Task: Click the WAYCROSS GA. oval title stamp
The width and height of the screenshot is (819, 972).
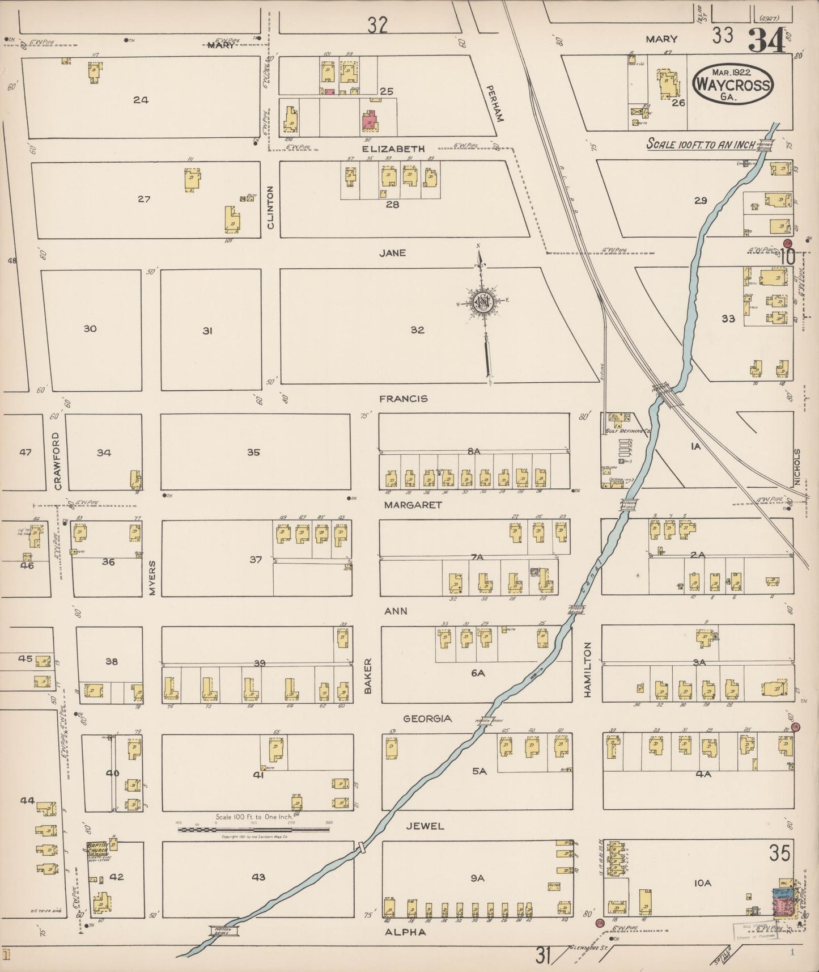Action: pyautogui.click(x=732, y=86)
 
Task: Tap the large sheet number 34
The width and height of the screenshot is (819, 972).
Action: pyautogui.click(x=766, y=39)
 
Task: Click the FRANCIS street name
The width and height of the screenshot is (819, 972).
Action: pyautogui.click(x=403, y=399)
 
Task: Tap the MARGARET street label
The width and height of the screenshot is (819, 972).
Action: pyautogui.click(x=412, y=505)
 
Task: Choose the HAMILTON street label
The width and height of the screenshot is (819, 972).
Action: pyautogui.click(x=588, y=669)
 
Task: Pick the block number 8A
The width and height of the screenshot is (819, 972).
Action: pyautogui.click(x=474, y=451)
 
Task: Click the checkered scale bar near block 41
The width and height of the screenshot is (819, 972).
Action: pyautogui.click(x=253, y=830)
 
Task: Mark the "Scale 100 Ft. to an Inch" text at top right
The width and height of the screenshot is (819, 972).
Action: pyautogui.click(x=701, y=144)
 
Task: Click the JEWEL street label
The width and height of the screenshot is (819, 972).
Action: pyautogui.click(x=425, y=826)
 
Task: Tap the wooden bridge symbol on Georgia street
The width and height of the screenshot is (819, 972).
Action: pyautogui.click(x=489, y=721)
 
